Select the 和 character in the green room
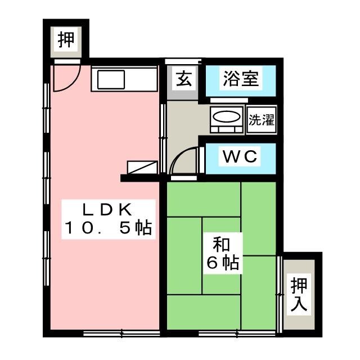[220, 245]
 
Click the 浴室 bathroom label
[241, 79]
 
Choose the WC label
[241, 157]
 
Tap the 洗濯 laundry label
[262, 119]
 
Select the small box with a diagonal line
[141, 167]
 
